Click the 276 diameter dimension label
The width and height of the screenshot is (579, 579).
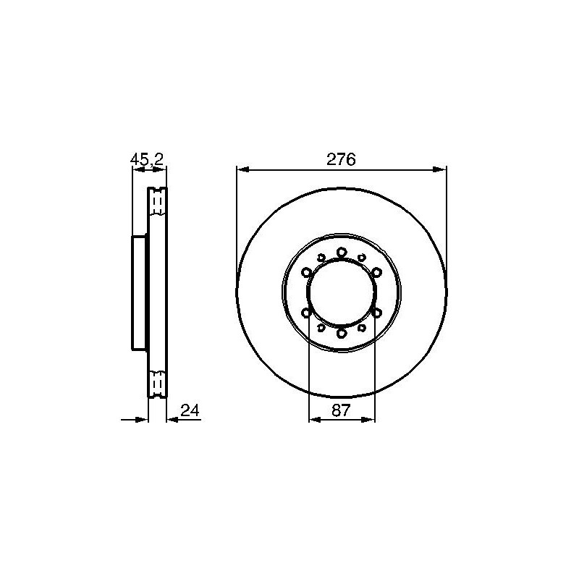point(341,159)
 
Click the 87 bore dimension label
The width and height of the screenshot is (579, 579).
point(341,410)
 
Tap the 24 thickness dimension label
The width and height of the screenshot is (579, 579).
point(190,410)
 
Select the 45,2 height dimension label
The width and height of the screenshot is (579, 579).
point(147,159)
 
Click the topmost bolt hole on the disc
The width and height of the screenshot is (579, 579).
point(342,253)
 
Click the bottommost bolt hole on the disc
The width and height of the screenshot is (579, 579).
point(342,334)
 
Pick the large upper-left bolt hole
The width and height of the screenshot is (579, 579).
point(306,273)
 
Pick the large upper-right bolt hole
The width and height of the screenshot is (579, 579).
point(376,273)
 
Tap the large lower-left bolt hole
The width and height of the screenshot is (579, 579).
point(306,313)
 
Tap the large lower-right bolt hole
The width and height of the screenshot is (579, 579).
point(376,313)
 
